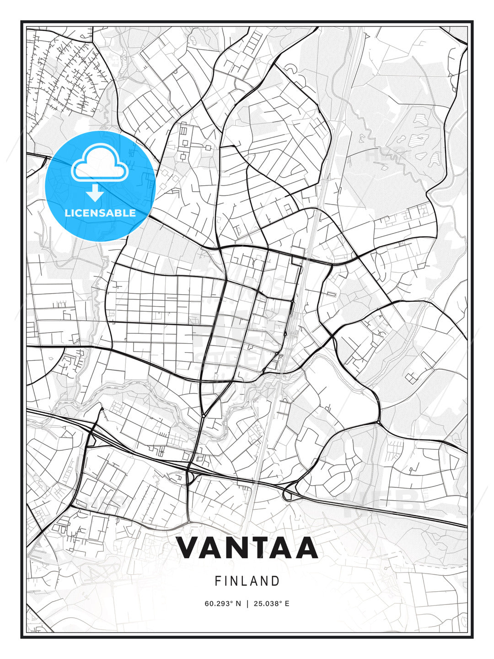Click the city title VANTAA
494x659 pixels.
pyautogui.click(x=247, y=547)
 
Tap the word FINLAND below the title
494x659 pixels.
pyautogui.click(x=247, y=581)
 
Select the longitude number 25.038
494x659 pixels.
pyautogui.click(x=268, y=604)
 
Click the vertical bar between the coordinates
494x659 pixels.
pyautogui.click(x=247, y=604)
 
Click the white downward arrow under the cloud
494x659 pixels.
pyautogui.click(x=95, y=193)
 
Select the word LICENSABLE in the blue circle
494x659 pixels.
pyautogui.click(x=100, y=213)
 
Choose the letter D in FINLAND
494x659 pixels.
pyautogui.click(x=275, y=581)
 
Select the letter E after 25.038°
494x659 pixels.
pyautogui.click(x=287, y=604)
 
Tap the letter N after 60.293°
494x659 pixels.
pyautogui.click(x=238, y=604)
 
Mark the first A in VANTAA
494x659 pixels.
pyautogui.click(x=211, y=547)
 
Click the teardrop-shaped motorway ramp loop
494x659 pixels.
pyautogui.click(x=288, y=495)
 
